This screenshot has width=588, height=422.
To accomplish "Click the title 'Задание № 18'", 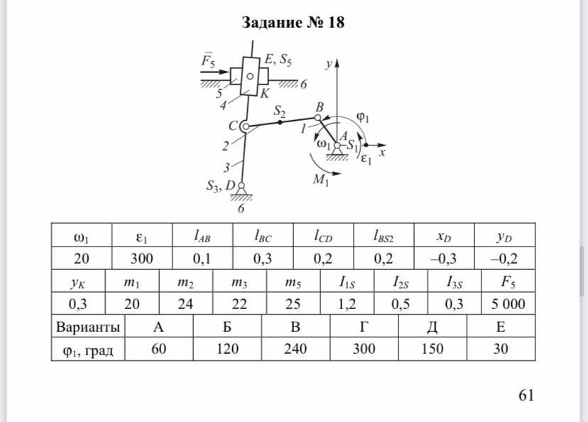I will click(293, 23).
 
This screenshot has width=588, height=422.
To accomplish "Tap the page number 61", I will click(526, 396).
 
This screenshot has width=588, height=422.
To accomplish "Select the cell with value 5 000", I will click(508, 304).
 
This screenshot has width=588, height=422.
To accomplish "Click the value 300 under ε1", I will click(141, 257).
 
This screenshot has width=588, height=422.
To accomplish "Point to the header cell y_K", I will click(77, 281).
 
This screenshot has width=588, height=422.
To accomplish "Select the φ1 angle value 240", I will click(296, 349).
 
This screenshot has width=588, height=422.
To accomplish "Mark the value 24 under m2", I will click(185, 304).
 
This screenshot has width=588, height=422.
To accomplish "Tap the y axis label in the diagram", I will click(329, 65).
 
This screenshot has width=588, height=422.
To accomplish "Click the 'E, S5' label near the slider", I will click(278, 60).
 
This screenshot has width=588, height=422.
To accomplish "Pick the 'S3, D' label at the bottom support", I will click(221, 186).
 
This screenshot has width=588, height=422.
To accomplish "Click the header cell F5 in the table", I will click(508, 281).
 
